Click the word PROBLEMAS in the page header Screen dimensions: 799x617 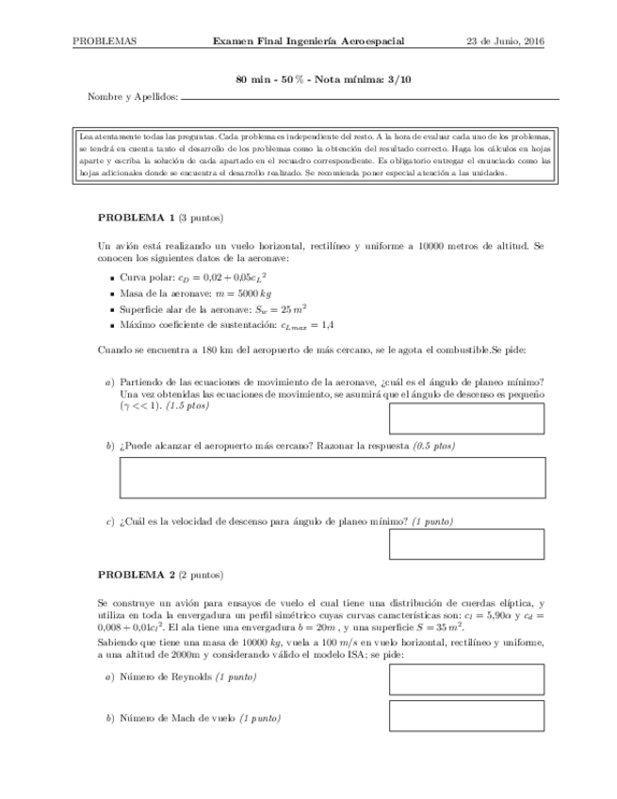(x=105, y=41)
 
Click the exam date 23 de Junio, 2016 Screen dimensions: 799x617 (x=507, y=41)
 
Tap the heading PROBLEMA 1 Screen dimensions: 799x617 (x=136, y=217)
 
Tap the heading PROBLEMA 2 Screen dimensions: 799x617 (x=136, y=574)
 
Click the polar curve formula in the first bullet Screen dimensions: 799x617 (x=230, y=279)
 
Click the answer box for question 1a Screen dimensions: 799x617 (x=466, y=416)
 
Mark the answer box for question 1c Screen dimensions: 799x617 (x=466, y=544)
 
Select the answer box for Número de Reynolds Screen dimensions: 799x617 (x=466, y=679)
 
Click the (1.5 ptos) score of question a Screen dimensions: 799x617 (x=187, y=406)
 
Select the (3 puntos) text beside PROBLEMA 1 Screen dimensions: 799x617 (x=199, y=217)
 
